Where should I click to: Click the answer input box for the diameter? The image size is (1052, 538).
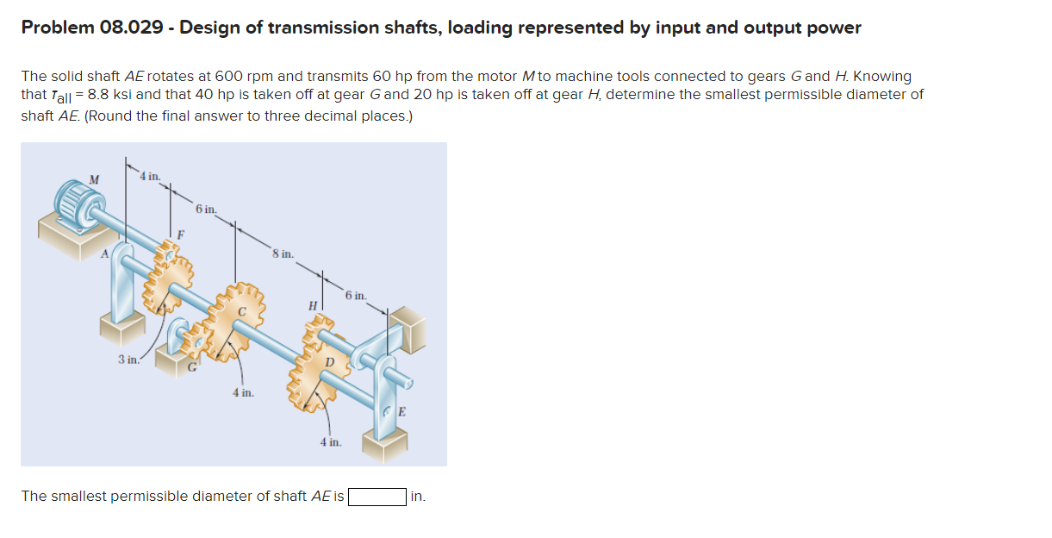point(377,497)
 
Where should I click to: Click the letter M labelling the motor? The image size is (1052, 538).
point(94,178)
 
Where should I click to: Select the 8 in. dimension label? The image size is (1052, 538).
point(283,254)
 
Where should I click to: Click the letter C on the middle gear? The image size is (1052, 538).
point(243,310)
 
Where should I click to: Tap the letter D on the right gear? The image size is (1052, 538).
point(327,362)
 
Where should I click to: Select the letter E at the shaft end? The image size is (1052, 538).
point(402,411)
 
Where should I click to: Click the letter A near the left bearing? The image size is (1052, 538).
point(105,253)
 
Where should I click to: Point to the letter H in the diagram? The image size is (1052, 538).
point(313,304)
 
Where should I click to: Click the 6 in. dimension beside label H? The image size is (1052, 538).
point(356,296)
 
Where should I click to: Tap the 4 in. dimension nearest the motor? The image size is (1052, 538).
point(150,177)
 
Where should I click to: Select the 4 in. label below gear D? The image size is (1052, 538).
point(331,442)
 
